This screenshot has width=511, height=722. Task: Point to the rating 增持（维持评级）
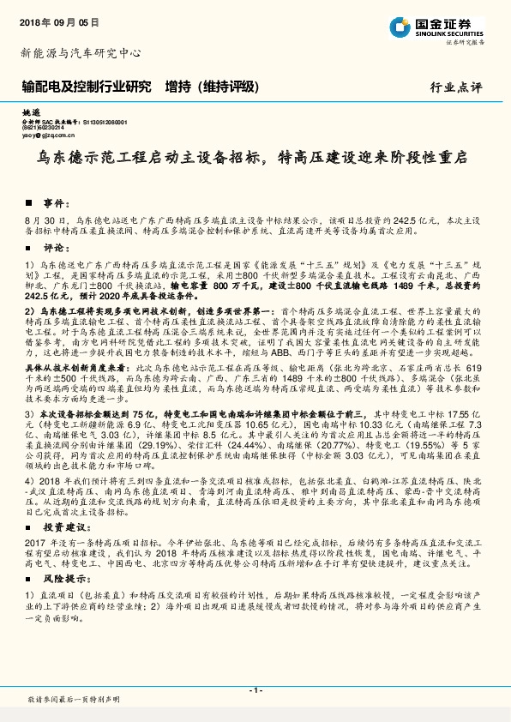coord(212,87)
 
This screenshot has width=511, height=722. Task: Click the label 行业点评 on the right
coord(456,87)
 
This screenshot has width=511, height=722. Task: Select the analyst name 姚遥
coord(30,113)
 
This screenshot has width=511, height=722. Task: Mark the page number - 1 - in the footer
coord(255,689)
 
